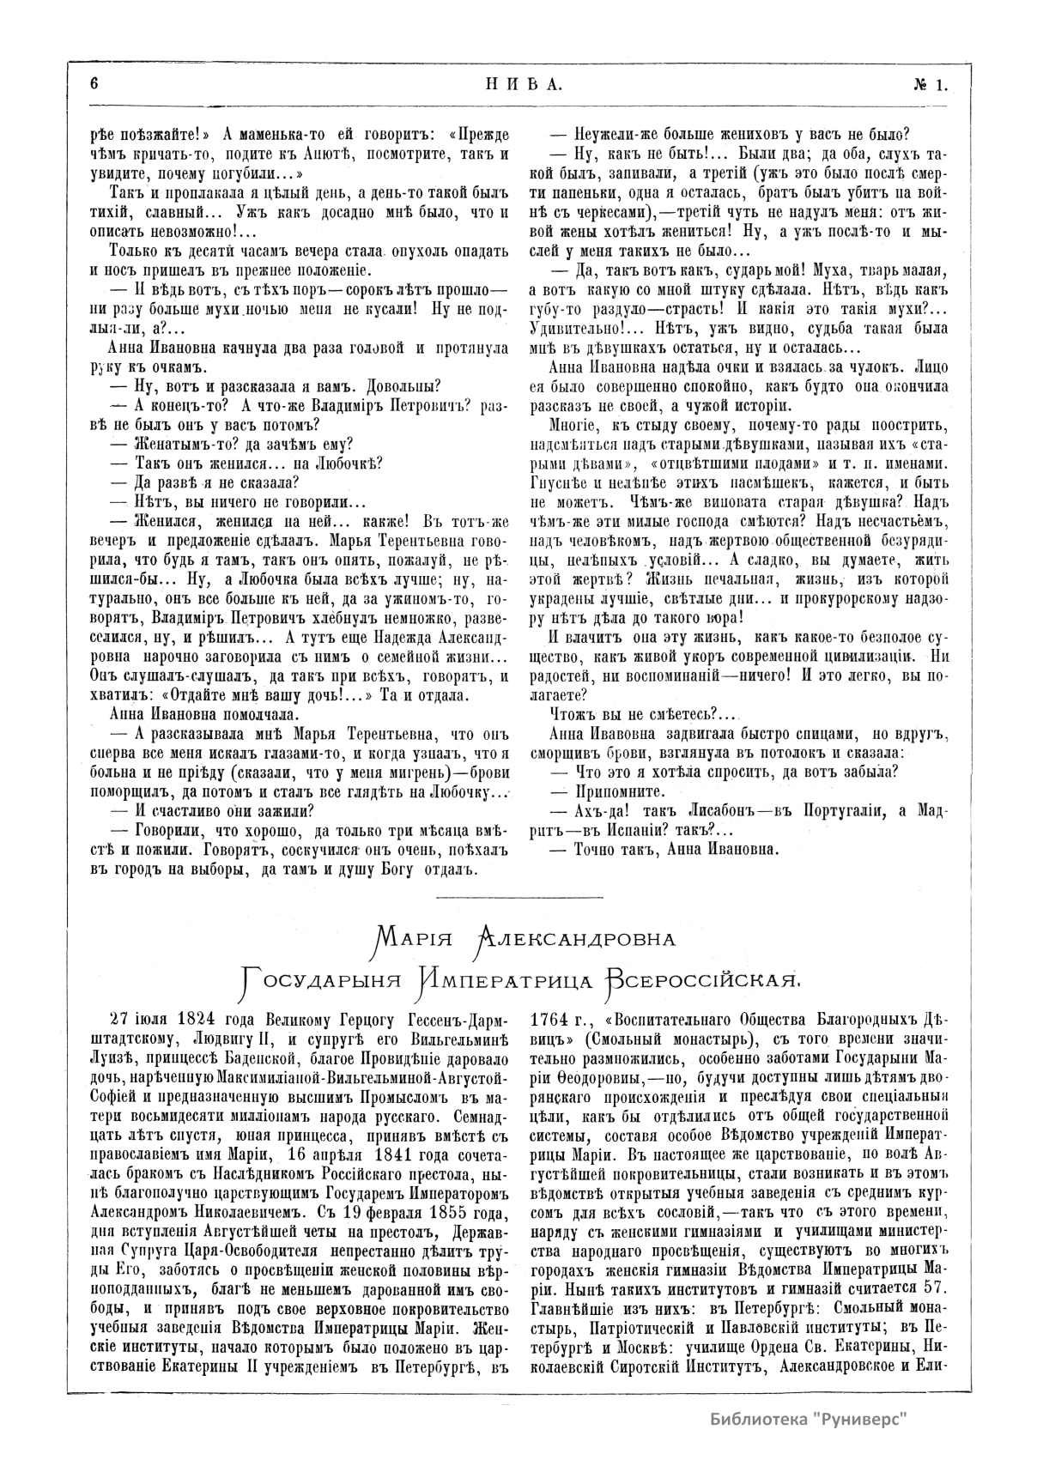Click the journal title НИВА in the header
(518, 84)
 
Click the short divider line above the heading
(518, 898)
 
